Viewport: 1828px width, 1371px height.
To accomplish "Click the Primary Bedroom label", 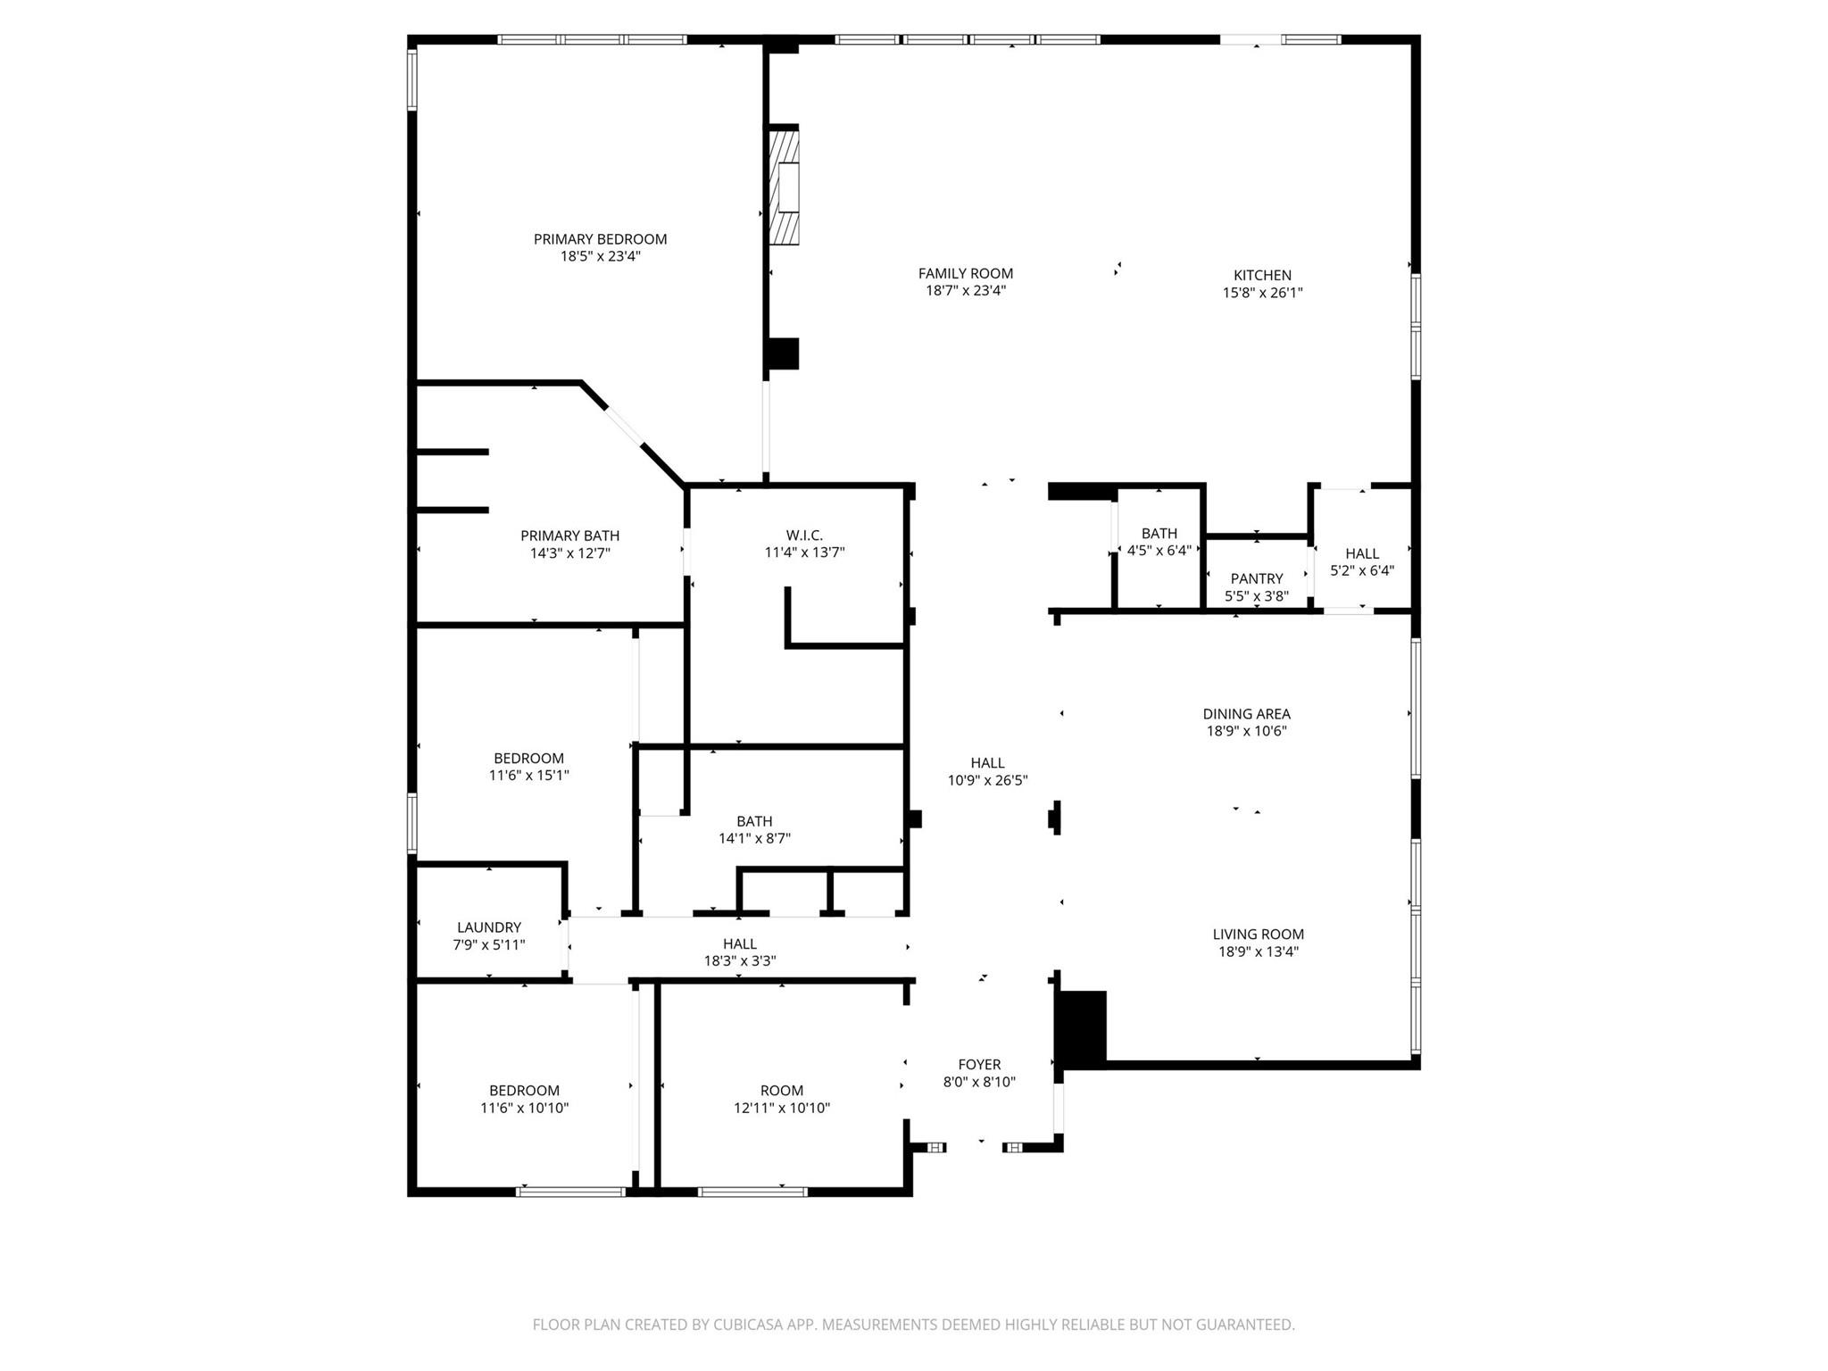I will (x=600, y=239).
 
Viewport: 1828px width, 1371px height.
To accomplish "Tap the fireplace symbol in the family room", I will (x=785, y=187).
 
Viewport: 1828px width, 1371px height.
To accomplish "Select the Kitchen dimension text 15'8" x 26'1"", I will (x=1262, y=293).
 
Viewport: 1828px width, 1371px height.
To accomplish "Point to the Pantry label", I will (x=1256, y=578).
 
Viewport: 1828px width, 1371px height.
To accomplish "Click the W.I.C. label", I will (x=804, y=536).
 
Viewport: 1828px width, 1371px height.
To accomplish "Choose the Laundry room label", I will (x=488, y=927).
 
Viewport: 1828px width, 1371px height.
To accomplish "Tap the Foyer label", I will (x=979, y=1065).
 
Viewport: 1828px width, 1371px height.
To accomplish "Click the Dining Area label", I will (x=1246, y=714).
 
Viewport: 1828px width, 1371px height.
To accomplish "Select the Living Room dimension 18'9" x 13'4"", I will (x=1258, y=951).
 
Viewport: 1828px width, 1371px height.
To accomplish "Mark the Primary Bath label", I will (x=569, y=536).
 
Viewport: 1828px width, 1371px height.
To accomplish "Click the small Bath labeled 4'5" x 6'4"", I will (x=1159, y=534).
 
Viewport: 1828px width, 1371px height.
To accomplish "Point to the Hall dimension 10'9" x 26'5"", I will (x=987, y=780).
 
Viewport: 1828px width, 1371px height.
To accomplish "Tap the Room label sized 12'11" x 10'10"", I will (x=781, y=1091).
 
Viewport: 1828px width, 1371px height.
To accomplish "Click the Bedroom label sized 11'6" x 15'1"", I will (x=528, y=759).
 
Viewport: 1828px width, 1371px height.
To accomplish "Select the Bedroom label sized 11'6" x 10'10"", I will (x=524, y=1091).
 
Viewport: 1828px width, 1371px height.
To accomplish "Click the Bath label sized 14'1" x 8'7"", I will (x=754, y=821).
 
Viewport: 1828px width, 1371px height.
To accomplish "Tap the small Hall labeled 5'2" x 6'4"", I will (x=1362, y=553).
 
